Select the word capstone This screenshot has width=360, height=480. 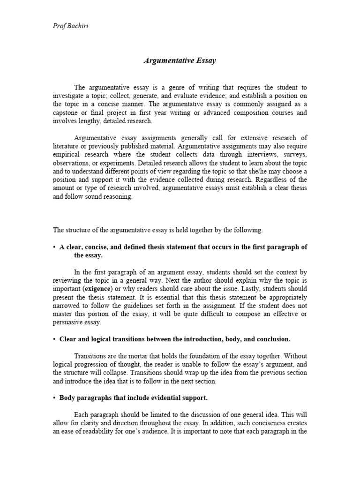click(66, 112)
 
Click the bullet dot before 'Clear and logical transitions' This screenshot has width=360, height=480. click(54, 339)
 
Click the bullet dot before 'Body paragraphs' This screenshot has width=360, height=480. click(54, 397)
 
